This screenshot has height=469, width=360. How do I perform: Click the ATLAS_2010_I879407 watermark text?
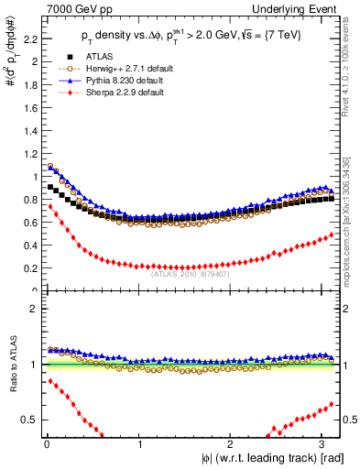tap(191, 274)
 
